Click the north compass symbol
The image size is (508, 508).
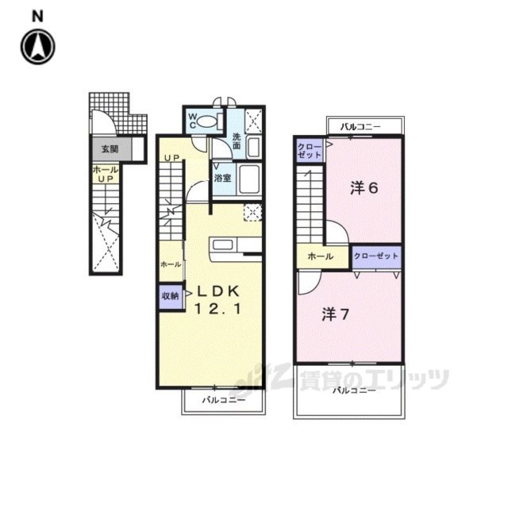click(37, 47)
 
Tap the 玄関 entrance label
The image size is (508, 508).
click(110, 149)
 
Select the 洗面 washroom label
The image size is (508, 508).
click(237, 141)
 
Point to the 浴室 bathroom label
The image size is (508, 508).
click(222, 178)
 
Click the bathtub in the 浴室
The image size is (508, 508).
click(248, 179)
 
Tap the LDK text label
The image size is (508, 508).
click(218, 291)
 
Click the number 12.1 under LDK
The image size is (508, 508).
click(218, 309)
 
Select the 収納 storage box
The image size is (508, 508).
click(171, 296)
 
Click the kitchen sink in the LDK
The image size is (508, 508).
click(222, 244)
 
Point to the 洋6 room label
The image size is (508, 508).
click(364, 188)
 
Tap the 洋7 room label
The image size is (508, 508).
click(335, 314)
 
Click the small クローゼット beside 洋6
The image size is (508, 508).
click(310, 150)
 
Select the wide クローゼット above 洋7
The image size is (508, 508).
click(376, 257)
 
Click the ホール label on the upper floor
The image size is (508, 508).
click(321, 256)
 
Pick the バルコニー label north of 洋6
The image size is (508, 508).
click(360, 127)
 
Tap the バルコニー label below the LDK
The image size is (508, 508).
click(224, 400)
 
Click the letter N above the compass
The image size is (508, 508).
click(37, 16)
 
